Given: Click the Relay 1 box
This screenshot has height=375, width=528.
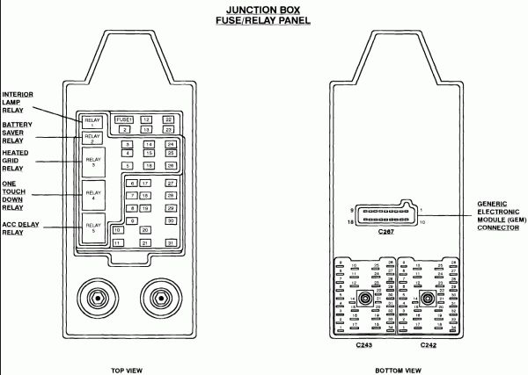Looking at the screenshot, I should pyautogui.click(x=93, y=121).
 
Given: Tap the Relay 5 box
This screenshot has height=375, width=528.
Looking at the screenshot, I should pyautogui.click(x=93, y=227).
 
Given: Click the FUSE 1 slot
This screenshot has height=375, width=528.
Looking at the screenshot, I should pyautogui.click(x=124, y=119).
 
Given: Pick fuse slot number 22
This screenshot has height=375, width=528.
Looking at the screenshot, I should pyautogui.click(x=168, y=119).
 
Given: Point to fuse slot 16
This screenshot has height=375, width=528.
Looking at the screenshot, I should pyautogui.click(x=150, y=165).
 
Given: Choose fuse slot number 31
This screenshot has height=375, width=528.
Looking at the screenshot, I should pyautogui.click(x=171, y=242).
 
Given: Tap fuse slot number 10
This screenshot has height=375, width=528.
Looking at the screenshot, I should pyautogui.click(x=116, y=230).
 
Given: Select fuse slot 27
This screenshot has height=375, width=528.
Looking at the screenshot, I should pyautogui.click(x=171, y=183).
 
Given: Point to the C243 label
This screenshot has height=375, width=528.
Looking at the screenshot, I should pyautogui.click(x=363, y=346).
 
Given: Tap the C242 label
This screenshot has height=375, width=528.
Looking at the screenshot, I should pyautogui.click(x=427, y=346).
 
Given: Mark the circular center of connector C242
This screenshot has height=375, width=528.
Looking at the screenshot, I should pyautogui.click(x=428, y=299).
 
